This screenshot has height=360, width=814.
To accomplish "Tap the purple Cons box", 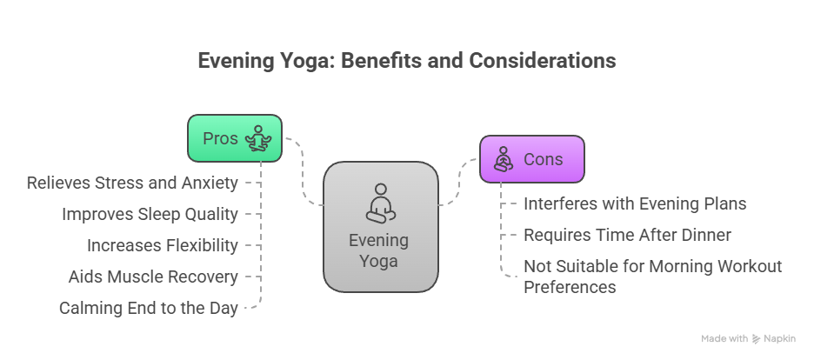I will pyautogui.click(x=532, y=159).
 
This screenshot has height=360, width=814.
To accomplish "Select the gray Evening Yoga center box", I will pyautogui.click(x=380, y=226).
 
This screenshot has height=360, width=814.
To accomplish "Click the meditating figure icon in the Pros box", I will pyautogui.click(x=258, y=138).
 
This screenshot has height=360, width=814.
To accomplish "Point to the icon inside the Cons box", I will pyautogui.click(x=503, y=159).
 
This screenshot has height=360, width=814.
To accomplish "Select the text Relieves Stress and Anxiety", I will pyautogui.click(x=132, y=183).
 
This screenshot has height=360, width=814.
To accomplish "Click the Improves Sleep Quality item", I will pyautogui.click(x=150, y=214).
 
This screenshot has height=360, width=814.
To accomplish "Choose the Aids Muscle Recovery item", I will pyautogui.click(x=153, y=277).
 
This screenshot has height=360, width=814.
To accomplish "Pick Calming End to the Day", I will pyautogui.click(x=149, y=308).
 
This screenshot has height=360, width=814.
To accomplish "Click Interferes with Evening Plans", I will pyautogui.click(x=635, y=203).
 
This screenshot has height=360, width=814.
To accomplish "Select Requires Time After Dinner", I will pyautogui.click(x=627, y=235).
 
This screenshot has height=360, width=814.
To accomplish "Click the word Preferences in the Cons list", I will pyautogui.click(x=570, y=287).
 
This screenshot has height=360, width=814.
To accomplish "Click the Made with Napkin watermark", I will pyautogui.click(x=749, y=338).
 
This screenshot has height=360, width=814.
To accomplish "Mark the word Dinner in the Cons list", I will pyautogui.click(x=705, y=235).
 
